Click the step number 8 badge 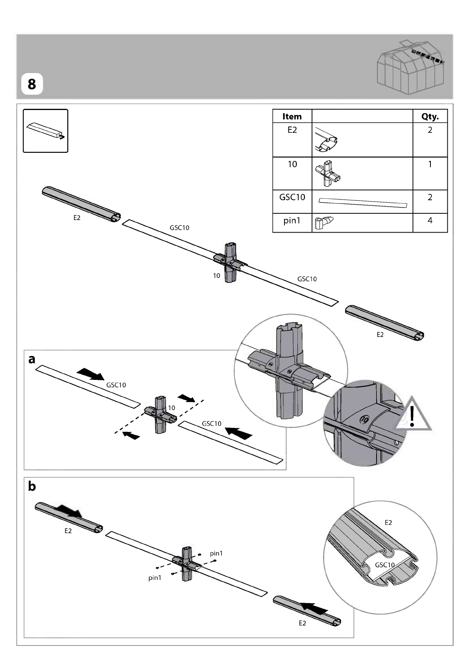(x=32, y=84)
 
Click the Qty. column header (x=430, y=116)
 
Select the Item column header (x=292, y=116)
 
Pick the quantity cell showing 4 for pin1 (x=430, y=220)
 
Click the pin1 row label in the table (x=292, y=221)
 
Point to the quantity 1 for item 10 (x=430, y=164)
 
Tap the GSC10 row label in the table (x=292, y=197)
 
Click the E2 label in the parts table (x=292, y=130)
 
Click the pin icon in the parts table (x=324, y=223)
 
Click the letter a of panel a (x=31, y=359)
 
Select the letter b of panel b (x=31, y=486)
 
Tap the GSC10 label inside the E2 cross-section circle (x=385, y=565)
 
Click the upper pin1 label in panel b (x=216, y=554)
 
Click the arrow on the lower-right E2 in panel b (x=314, y=608)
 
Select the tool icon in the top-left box (x=46, y=131)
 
